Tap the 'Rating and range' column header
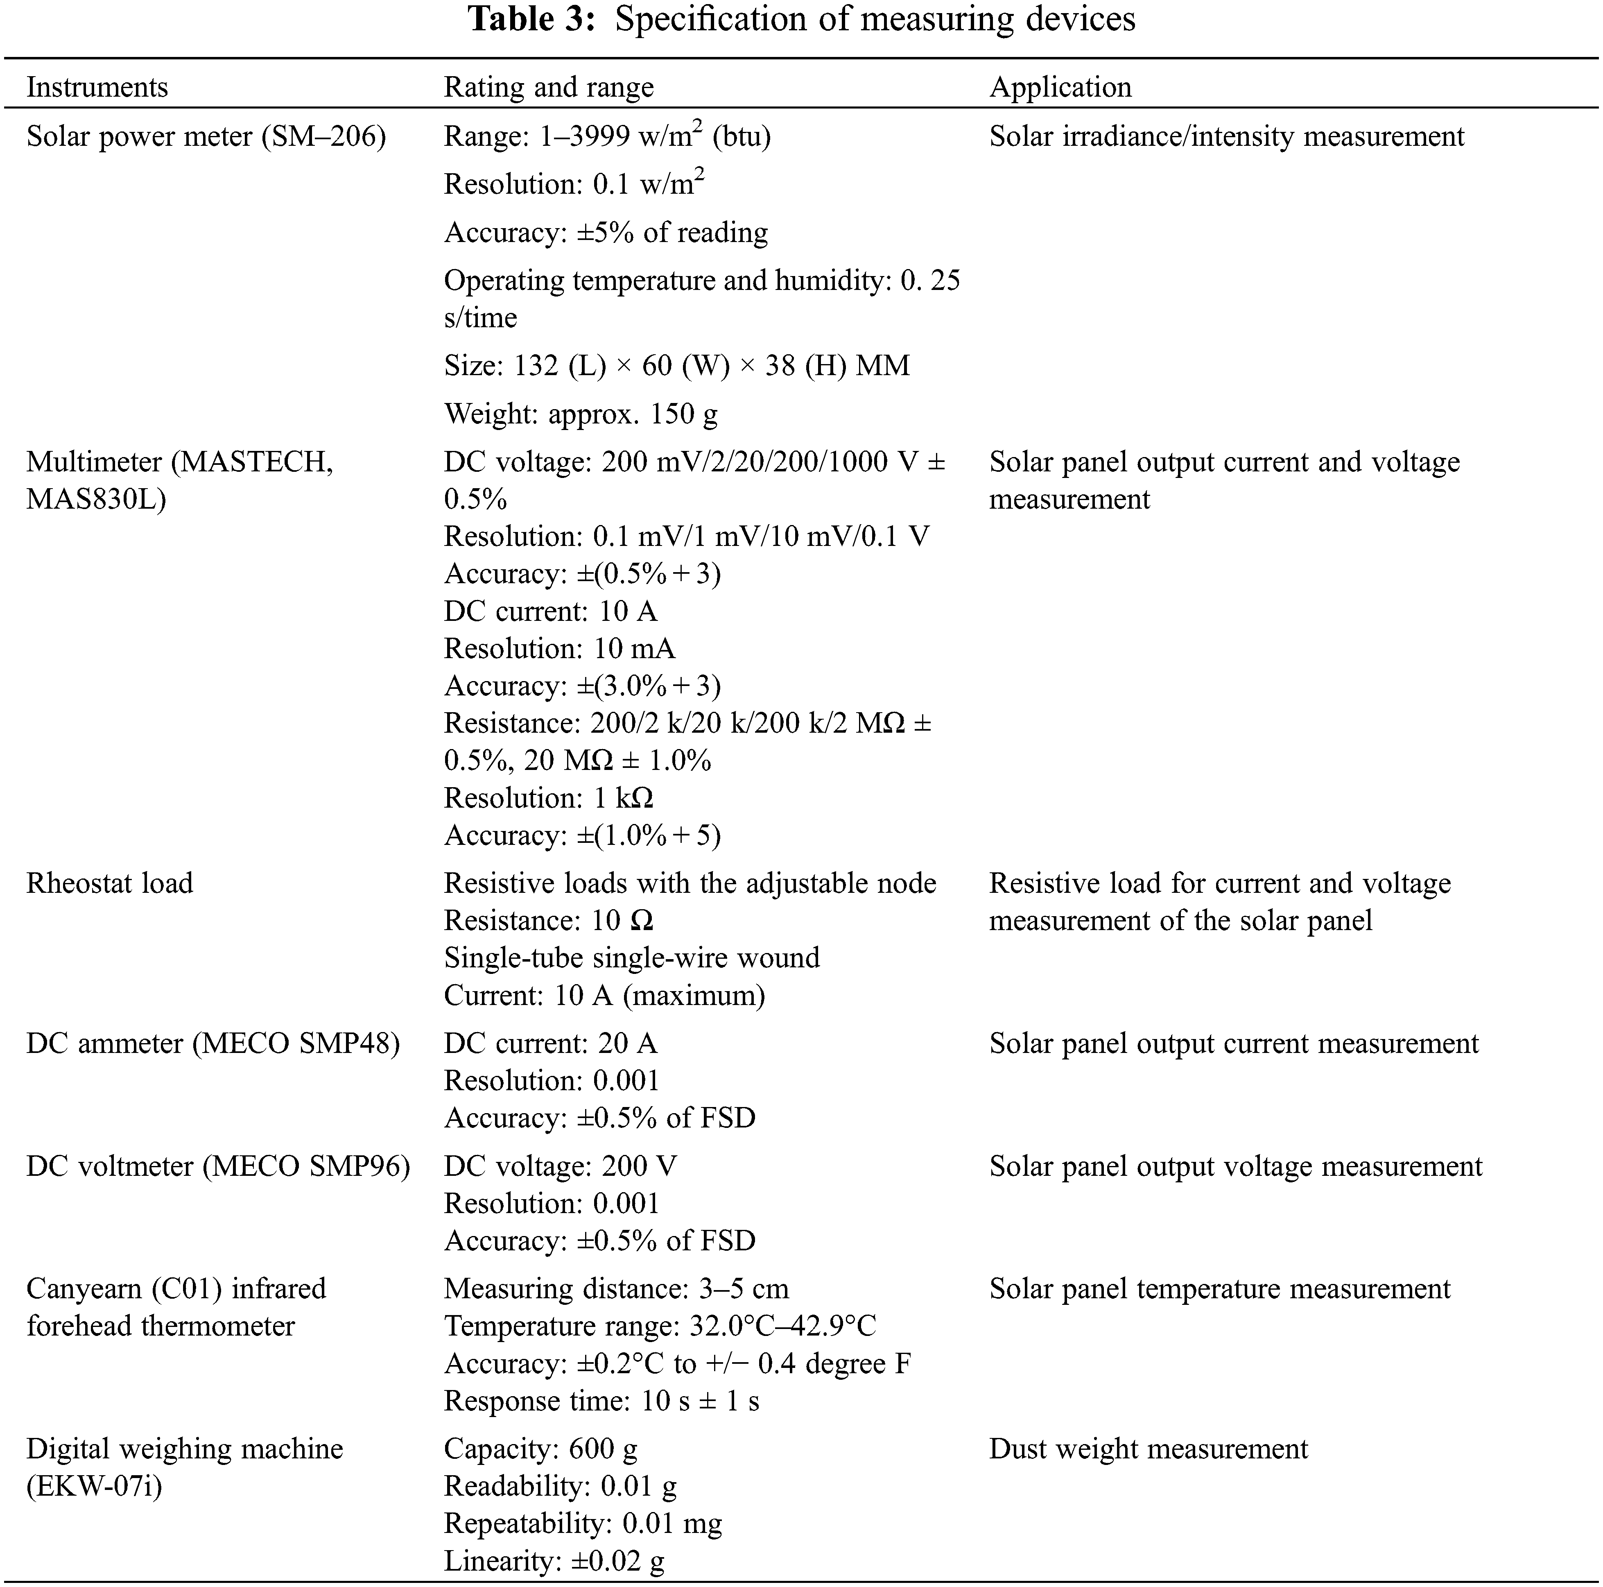548,87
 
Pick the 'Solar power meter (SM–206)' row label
206,136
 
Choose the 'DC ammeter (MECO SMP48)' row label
213,1044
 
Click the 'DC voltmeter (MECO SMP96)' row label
217,1166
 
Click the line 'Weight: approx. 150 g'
581,413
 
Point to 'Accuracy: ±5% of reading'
606,232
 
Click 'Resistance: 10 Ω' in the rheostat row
548,921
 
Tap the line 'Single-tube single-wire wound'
631,958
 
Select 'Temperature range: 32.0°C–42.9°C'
660,1326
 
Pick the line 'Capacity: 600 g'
540,1449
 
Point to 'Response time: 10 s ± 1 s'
601,1401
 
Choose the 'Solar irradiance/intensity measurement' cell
1226,136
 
